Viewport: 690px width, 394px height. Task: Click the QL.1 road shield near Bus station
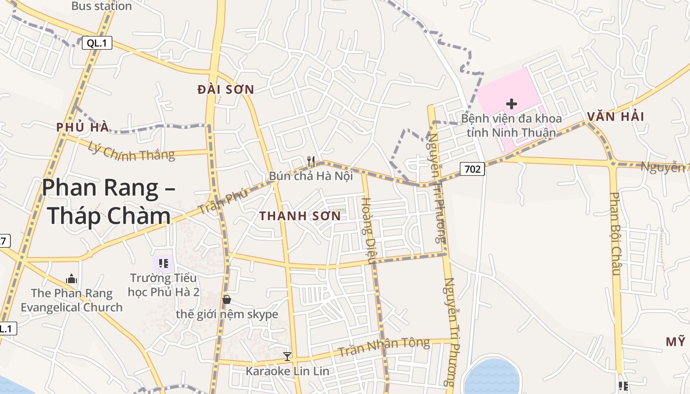click(97, 43)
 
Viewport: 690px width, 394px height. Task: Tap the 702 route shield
click(472, 169)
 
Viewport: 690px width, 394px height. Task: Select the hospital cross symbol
click(512, 104)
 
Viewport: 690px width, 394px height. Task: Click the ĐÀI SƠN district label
click(226, 90)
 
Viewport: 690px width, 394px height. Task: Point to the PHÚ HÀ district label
click(82, 127)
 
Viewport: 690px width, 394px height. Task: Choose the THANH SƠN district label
click(300, 216)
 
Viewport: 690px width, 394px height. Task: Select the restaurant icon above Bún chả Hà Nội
click(311, 161)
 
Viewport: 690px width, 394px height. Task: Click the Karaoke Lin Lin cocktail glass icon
click(287, 356)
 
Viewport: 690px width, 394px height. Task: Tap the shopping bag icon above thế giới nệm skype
click(227, 299)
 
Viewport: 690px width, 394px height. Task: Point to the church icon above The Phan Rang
click(71, 279)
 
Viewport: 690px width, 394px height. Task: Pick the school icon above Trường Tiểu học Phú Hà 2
click(164, 263)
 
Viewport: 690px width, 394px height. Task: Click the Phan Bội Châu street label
click(615, 233)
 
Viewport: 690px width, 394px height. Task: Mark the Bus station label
click(102, 6)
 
